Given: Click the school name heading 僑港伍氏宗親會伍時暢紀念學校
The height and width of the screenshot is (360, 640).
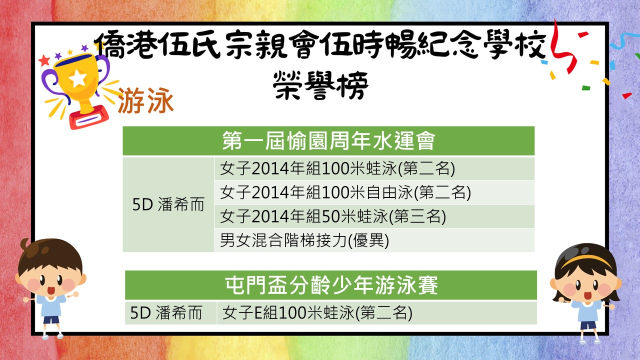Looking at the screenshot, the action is pyautogui.click(x=320, y=45).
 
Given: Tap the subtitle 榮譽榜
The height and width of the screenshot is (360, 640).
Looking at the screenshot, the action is pyautogui.click(x=320, y=85).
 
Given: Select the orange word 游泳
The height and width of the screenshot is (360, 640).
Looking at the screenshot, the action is pyautogui.click(x=145, y=100).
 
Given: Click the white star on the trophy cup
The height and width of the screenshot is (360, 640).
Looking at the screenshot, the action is pyautogui.click(x=78, y=78).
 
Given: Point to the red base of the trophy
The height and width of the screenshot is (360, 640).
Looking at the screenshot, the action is pyautogui.click(x=89, y=117).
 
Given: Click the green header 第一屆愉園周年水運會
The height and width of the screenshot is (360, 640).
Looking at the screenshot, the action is pyautogui.click(x=328, y=140).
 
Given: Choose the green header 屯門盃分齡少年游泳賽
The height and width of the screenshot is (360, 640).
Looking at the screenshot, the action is pyautogui.click(x=331, y=285).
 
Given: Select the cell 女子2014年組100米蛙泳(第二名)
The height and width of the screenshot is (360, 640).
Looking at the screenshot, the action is pyautogui.click(x=337, y=168).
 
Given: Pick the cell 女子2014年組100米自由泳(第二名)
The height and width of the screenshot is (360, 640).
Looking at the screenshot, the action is pyautogui.click(x=345, y=192).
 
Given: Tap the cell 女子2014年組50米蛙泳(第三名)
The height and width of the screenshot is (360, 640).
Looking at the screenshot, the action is pyautogui.click(x=333, y=216).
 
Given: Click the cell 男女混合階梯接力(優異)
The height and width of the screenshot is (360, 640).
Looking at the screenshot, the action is pyautogui.click(x=304, y=240).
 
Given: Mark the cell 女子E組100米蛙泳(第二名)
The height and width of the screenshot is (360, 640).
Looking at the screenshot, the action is pyautogui.click(x=317, y=312).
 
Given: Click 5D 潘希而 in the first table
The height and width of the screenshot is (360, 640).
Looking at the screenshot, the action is pyautogui.click(x=168, y=204).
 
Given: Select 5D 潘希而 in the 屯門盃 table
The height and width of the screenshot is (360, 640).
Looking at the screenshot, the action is pyautogui.click(x=166, y=312).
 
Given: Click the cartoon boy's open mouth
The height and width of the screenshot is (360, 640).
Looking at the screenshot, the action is pyautogui.click(x=51, y=290).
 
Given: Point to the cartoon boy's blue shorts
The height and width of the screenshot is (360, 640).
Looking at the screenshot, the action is pyautogui.click(x=51, y=320).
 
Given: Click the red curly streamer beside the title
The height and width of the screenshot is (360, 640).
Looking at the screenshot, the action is pyautogui.click(x=562, y=48).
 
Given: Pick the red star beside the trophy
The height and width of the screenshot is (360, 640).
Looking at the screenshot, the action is pyautogui.click(x=44, y=60).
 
